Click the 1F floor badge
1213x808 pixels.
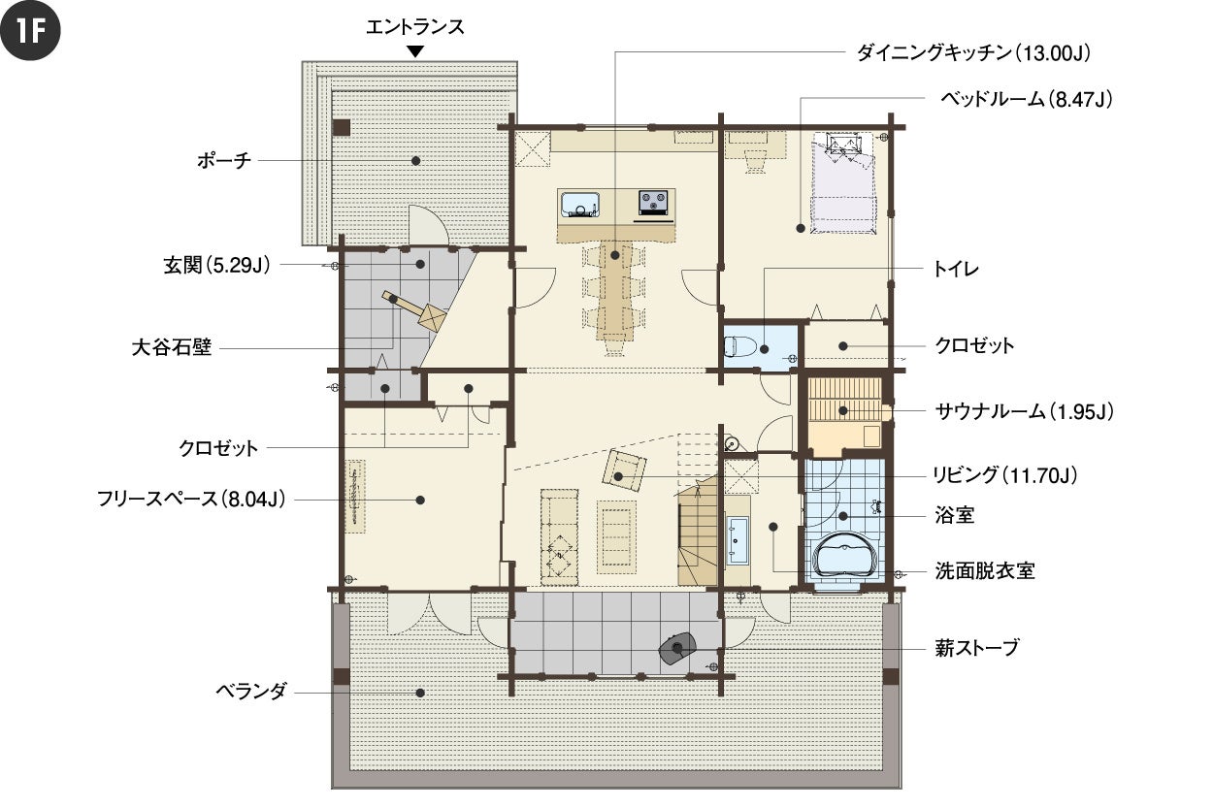tap(30, 30)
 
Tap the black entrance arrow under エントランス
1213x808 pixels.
tap(415, 52)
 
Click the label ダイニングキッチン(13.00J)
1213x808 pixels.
tap(973, 53)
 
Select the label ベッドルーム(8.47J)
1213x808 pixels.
tap(1026, 99)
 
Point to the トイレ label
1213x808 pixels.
tap(956, 269)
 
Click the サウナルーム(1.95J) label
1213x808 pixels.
tap(1025, 412)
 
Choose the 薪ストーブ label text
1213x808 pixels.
tap(977, 647)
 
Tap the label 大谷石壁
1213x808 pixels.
tap(172, 347)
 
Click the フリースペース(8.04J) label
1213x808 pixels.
tap(191, 499)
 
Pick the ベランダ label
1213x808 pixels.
tap(250, 691)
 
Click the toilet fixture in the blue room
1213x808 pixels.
tap(739, 346)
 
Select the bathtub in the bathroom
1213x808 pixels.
tap(843, 556)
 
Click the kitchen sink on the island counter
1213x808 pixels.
tap(579, 204)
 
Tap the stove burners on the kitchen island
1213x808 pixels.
tap(654, 203)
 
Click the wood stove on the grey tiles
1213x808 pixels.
tap(677, 648)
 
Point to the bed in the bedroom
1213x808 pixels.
tap(843, 183)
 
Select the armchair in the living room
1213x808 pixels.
tap(624, 470)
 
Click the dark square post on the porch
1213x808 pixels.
tap(342, 128)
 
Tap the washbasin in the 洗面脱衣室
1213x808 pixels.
tap(738, 539)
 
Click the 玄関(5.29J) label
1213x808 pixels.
tap(216, 265)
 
